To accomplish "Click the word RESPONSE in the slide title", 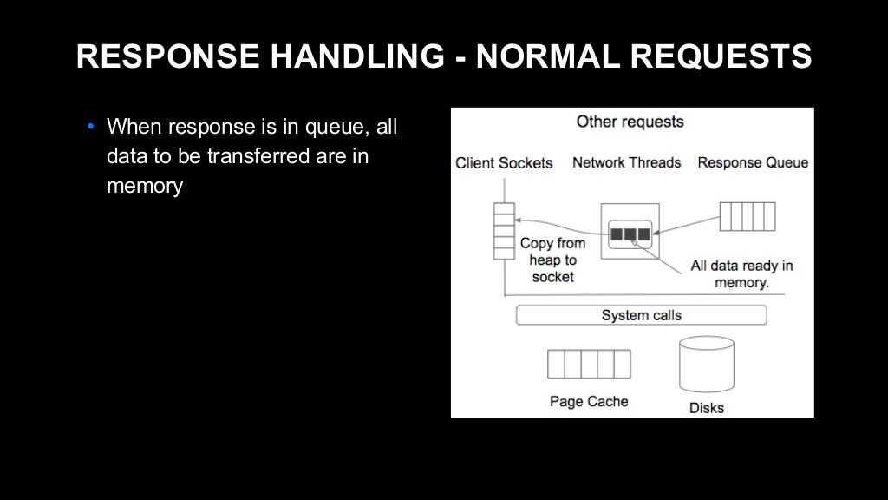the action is pos(167,56).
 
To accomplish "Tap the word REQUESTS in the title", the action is pos(721,56).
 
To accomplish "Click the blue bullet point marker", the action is pos(91,127).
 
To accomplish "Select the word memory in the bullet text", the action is pos(145,186).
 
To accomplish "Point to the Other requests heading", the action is pos(630,122).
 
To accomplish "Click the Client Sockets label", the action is pos(504,163).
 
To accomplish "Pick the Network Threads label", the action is pos(626,162).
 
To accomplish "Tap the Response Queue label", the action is pos(753,162).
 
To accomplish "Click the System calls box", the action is pos(642,315).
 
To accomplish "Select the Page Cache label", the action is pos(589,401).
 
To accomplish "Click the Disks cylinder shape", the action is pos(707,364).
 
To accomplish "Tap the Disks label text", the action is pos(706,408).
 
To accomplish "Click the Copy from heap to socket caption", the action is pos(552,260).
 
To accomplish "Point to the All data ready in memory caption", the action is pos(741,274).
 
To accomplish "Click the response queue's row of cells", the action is pos(748,216).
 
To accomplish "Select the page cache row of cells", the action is pos(589,364).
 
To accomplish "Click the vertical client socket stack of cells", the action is pos(504,231).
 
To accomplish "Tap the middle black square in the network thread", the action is pos(630,234).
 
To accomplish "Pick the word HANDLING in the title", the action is pos(358,56).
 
